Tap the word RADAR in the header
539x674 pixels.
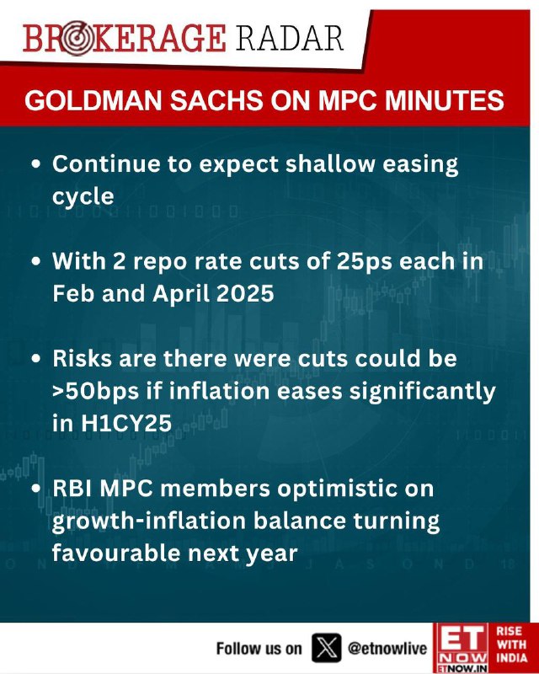289,39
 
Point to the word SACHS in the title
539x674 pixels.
217,100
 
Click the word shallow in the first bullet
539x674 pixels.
330,163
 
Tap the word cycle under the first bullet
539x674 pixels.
83,197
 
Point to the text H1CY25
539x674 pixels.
126,424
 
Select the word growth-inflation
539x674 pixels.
149,522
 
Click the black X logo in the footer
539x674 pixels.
326,647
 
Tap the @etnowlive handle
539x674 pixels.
387,648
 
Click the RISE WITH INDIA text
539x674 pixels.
511,645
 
